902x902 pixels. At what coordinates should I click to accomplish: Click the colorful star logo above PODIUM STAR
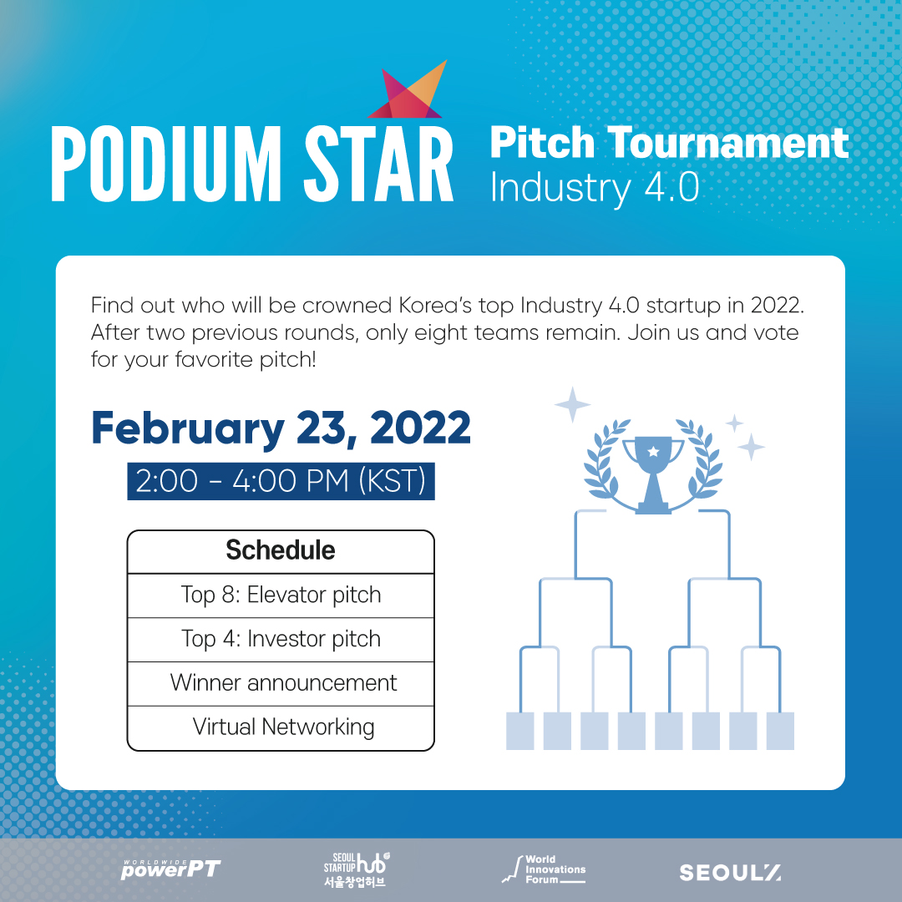(408, 92)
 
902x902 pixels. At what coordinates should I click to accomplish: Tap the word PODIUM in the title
(166, 164)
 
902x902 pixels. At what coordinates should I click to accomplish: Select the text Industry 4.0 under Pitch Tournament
(595, 188)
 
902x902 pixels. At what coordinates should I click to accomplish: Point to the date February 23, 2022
(281, 428)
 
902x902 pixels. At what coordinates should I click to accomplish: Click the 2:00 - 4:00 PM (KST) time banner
(281, 481)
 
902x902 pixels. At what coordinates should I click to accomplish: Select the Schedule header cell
(281, 551)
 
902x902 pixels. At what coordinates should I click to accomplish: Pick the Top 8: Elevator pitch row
(281, 595)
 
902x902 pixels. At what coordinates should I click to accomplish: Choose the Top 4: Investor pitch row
(281, 640)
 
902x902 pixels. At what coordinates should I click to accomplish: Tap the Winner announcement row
(281, 683)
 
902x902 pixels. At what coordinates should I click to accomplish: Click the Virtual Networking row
(281, 727)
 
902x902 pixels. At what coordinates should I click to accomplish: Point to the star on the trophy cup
(653, 452)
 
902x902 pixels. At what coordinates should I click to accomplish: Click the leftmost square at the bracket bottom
(520, 731)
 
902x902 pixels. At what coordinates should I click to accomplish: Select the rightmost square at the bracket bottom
(780, 731)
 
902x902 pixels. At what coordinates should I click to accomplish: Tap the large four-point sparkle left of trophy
(572, 405)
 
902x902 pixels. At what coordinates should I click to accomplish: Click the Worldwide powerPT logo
(171, 869)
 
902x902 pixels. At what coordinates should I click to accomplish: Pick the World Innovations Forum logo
(544, 869)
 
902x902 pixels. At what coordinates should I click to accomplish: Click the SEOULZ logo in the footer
(731, 873)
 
